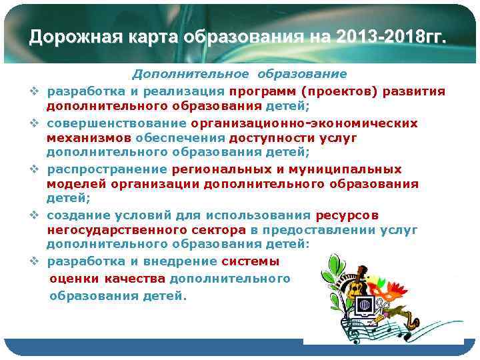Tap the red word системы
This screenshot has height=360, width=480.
tap(251, 261)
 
